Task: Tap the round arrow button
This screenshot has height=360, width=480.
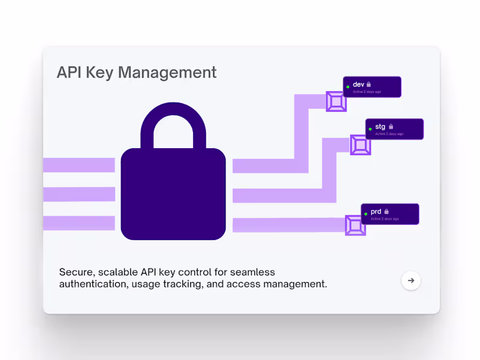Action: point(411,280)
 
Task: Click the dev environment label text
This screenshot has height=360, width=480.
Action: point(359,85)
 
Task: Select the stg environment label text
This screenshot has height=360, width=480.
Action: point(380,127)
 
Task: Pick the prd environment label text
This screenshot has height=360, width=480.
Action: point(376,212)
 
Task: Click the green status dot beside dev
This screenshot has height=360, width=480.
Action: point(348,87)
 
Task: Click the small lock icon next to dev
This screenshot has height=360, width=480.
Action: point(369,85)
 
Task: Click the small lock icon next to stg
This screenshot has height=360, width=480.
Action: point(391,127)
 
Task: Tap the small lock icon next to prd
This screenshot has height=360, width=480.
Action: point(386,212)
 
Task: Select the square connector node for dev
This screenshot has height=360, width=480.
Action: point(336,101)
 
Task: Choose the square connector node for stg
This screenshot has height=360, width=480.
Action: point(361,145)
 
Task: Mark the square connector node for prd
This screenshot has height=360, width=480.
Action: point(355,225)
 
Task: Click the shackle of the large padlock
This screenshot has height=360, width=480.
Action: point(173,120)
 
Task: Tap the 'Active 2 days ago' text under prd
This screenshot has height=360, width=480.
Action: point(385,219)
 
